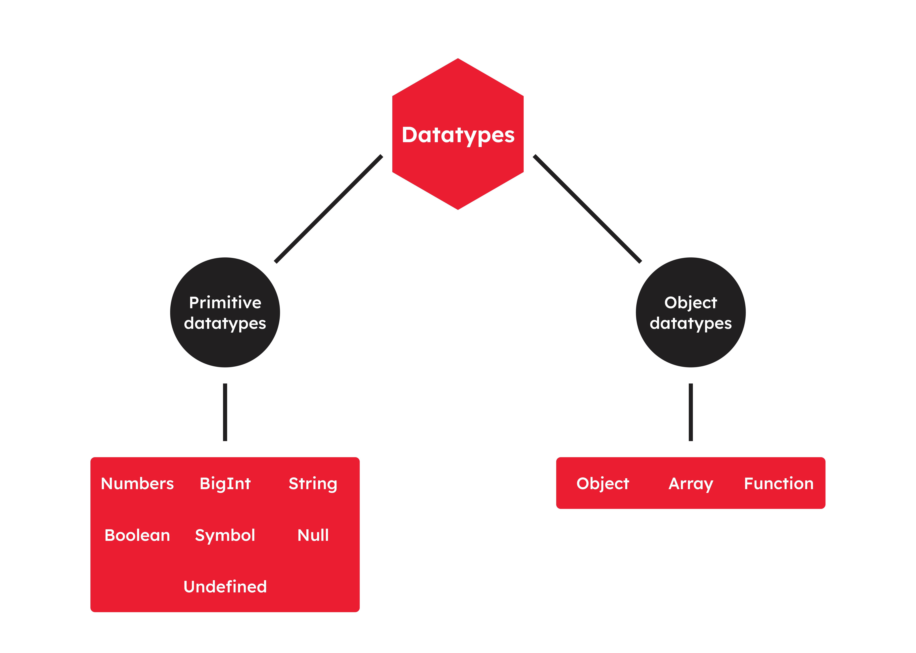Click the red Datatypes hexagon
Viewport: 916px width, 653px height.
[458, 134]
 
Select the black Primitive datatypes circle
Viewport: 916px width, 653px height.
[225, 312]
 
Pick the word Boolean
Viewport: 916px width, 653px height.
[137, 535]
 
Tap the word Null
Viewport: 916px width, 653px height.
[313, 535]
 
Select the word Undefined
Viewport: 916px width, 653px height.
[225, 587]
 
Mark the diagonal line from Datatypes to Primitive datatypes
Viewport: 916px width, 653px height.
[328, 209]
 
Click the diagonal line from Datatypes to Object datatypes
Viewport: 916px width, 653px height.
[587, 209]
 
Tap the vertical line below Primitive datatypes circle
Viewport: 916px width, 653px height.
[225, 412]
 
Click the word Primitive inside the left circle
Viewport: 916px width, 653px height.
[225, 302]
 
